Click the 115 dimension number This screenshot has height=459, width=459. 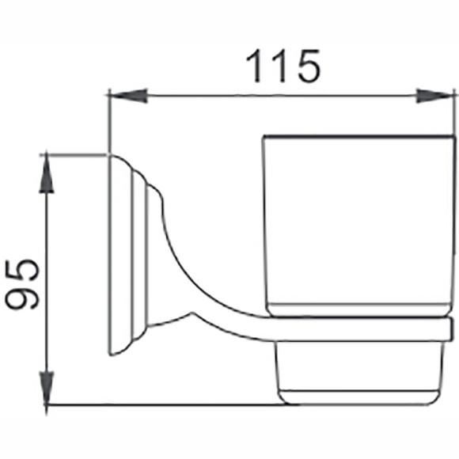click(283, 66)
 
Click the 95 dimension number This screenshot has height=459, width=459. click(22, 284)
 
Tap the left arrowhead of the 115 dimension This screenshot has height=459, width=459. click(128, 96)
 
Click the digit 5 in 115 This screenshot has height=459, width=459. click(309, 66)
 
